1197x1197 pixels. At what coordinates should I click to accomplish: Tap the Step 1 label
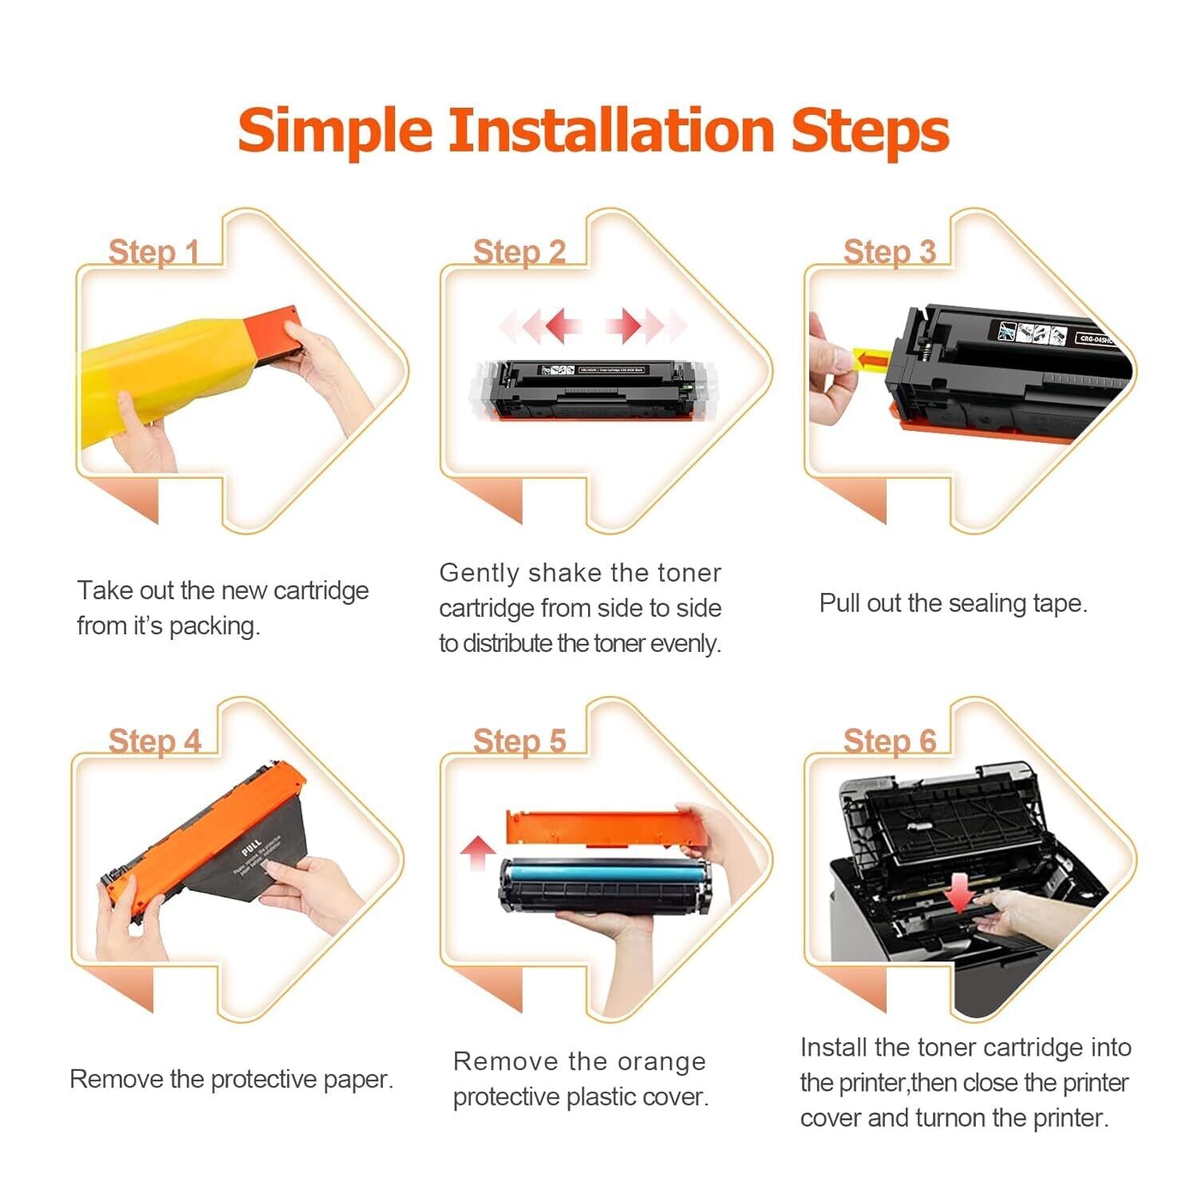[153, 252]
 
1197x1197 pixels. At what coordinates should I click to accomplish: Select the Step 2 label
[519, 252]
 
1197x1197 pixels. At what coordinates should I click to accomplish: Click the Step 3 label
[889, 252]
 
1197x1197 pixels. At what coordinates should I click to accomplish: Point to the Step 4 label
[154, 741]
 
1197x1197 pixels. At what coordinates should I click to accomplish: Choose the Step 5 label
[519, 741]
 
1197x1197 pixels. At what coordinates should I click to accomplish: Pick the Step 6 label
[889, 741]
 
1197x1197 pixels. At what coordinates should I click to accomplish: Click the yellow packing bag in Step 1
[160, 375]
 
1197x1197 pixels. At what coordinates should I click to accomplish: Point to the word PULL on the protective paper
[251, 847]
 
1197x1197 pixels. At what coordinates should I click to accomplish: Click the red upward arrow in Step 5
[478, 852]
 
